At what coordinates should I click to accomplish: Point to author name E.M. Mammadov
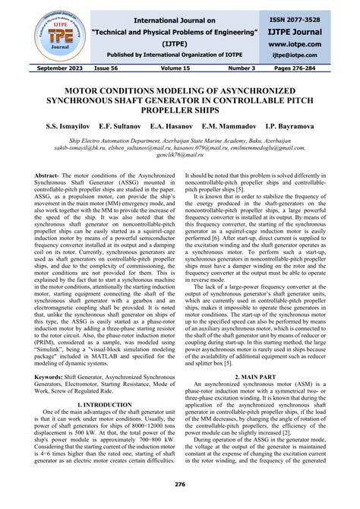[x=248, y=123]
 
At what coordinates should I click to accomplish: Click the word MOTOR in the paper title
[x=81, y=88]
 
